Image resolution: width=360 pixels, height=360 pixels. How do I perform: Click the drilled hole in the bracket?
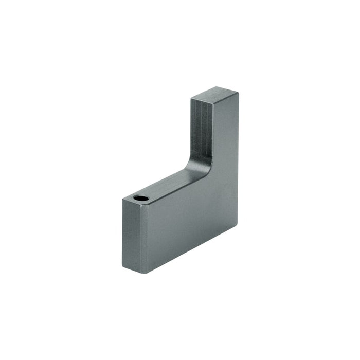pyautogui.click(x=141, y=198)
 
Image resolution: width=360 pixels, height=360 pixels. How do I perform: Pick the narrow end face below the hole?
pyautogui.click(x=131, y=234)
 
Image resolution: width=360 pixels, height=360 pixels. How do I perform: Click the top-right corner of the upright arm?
pyautogui.click(x=238, y=93)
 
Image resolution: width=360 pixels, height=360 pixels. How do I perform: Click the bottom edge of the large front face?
pyautogui.click(x=190, y=249)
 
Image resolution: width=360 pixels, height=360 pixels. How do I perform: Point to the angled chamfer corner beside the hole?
pyautogui.click(x=146, y=205)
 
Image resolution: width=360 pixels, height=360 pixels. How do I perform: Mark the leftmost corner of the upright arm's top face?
pyautogui.click(x=192, y=97)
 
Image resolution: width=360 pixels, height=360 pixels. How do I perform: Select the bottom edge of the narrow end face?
pyautogui.click(x=133, y=270)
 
